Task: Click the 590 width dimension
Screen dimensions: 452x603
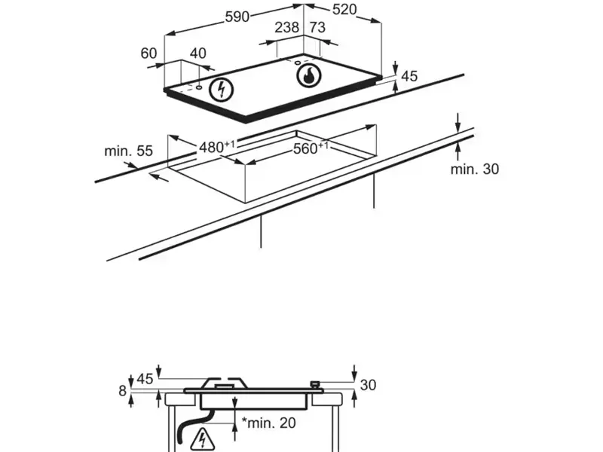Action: pos(237,17)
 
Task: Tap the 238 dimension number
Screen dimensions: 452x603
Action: pos(286,28)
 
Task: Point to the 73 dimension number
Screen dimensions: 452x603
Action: pos(317,28)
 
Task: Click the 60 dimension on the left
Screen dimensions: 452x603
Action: pos(148,53)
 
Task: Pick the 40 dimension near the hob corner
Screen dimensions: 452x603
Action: pos(197,53)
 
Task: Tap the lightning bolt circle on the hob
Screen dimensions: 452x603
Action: pos(221,90)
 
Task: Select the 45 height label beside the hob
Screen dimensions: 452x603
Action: pos(409,76)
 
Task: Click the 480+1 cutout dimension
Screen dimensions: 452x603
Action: pos(217,146)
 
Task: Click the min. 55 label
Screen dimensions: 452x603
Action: pos(128,151)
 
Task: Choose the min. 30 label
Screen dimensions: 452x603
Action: pos(475,169)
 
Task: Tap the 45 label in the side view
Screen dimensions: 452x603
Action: pos(145,378)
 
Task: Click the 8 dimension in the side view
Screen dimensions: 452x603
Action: pos(123,390)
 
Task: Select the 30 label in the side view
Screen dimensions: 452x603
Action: pos(368,385)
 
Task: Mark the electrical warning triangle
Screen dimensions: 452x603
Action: pos(202,438)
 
